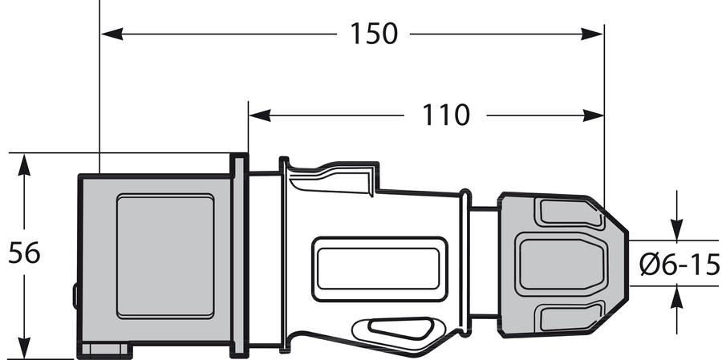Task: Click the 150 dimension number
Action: point(373,34)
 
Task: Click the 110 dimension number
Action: point(446,115)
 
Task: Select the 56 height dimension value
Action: point(24,253)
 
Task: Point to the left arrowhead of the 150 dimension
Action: point(112,34)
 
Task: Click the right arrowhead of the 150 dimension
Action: point(592,34)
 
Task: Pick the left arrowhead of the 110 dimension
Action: point(260,115)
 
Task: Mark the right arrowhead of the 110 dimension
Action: point(592,115)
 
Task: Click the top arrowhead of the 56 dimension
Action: point(24,165)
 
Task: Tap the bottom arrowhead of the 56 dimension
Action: point(24,348)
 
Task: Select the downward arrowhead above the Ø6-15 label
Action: point(677,229)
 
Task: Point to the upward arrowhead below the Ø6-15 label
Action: point(677,297)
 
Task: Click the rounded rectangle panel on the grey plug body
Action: point(165,257)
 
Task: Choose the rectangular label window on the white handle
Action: point(379,269)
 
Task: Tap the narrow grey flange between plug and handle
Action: point(239,256)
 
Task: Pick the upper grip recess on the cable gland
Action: point(569,213)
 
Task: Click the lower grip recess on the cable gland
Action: point(569,317)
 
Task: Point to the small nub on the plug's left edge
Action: point(75,296)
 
